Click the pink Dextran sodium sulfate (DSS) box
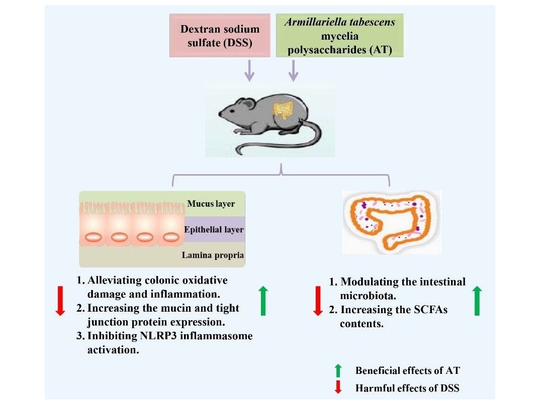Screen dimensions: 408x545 [x=220, y=36]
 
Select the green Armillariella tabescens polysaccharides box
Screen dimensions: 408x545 [x=339, y=36]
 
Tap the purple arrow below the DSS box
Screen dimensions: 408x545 [x=249, y=71]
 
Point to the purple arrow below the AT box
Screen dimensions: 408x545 [x=293, y=71]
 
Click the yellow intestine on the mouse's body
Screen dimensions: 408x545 [x=284, y=110]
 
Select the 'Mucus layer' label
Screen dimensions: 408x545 [x=211, y=204]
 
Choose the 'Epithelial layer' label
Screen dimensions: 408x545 [x=214, y=230]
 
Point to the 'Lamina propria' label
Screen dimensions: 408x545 [x=213, y=255]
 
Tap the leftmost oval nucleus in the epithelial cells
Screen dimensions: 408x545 [x=95, y=236]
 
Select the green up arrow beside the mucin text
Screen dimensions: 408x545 [x=263, y=300]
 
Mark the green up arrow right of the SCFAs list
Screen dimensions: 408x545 [x=477, y=301]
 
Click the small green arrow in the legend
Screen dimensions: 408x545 [x=338, y=371]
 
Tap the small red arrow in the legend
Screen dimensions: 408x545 [x=338, y=387]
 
